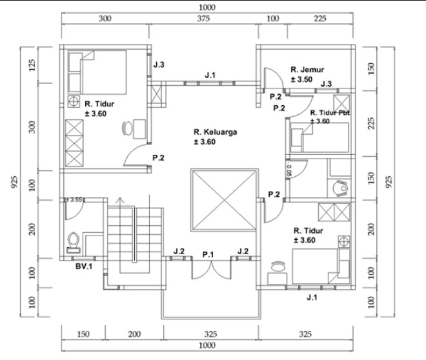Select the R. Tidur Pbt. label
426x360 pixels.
point(330,112)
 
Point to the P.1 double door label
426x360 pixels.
point(208,255)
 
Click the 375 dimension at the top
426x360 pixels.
point(204,18)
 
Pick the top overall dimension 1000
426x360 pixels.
point(208,7)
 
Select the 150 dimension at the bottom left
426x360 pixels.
point(84,334)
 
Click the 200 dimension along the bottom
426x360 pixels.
point(134,334)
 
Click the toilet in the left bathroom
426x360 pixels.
point(74,239)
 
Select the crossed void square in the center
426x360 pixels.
point(223,201)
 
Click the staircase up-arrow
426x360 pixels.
point(117,201)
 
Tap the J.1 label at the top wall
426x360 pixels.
point(210,75)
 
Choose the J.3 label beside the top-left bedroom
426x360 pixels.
point(159,65)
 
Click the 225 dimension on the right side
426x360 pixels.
point(370,123)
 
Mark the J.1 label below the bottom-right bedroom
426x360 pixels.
point(312,297)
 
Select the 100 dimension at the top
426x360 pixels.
point(273,18)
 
